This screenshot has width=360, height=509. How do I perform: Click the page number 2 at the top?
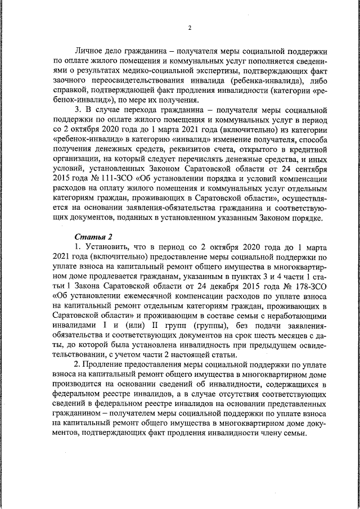click(x=190, y=28)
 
